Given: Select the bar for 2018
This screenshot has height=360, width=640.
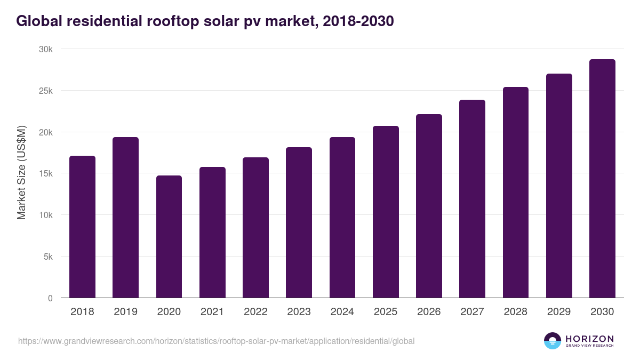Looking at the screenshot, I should [x=82, y=227].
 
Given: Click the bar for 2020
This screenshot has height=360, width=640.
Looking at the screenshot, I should [x=169, y=237].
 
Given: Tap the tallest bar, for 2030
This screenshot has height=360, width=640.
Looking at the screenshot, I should [x=602, y=179].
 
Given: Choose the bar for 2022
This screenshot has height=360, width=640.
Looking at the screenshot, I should [x=255, y=228].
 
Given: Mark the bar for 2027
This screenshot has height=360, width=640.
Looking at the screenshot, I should [x=472, y=199].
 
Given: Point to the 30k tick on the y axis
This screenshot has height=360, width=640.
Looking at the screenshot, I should [x=46, y=49].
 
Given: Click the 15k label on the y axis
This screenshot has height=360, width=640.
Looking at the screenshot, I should [x=46, y=174].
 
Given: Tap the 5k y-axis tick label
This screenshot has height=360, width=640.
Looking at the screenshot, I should [x=48, y=257].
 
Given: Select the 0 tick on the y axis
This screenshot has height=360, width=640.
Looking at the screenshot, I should [x=50, y=298].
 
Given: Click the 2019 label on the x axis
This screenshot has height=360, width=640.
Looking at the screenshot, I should [x=125, y=312].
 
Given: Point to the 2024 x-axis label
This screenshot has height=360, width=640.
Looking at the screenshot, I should [x=342, y=312].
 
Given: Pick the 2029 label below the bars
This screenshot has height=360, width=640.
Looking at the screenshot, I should [x=559, y=312].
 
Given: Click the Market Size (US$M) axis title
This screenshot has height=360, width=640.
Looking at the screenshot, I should [x=21, y=173].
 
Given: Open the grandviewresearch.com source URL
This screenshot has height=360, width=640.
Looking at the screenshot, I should [x=216, y=341].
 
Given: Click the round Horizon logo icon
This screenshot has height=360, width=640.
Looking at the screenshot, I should [x=552, y=341].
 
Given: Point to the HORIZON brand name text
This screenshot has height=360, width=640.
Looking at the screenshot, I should [x=589, y=338].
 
